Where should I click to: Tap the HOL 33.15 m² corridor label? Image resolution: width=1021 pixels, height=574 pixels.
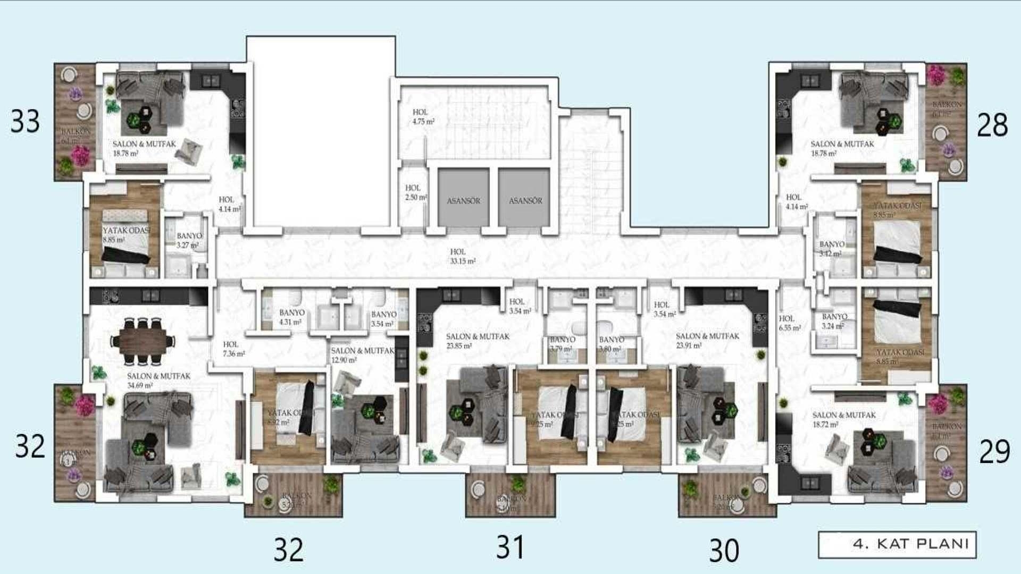click(462, 256)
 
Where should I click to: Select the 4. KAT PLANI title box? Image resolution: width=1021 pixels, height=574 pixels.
click(897, 544)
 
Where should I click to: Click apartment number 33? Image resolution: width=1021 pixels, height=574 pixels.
click(25, 122)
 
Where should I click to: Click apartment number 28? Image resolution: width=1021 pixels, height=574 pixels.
click(992, 125)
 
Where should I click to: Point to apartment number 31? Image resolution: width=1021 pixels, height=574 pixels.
click(510, 547)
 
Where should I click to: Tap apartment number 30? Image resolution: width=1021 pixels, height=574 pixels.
click(724, 551)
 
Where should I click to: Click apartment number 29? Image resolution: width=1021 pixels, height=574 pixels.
click(994, 452)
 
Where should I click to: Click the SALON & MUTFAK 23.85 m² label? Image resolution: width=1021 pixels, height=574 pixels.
click(477, 341)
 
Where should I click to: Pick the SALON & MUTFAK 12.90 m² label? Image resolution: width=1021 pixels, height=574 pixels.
click(362, 355)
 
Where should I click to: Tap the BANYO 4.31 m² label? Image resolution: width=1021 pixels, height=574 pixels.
click(291, 317)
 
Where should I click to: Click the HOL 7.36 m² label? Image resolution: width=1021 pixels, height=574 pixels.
click(233, 349)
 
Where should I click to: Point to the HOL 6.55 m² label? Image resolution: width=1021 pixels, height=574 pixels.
click(789, 323)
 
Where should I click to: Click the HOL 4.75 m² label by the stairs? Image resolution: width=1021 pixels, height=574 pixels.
click(423, 116)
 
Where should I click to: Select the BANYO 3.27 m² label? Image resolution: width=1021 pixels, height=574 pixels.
click(189, 240)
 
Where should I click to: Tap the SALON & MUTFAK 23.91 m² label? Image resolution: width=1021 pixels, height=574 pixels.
click(707, 341)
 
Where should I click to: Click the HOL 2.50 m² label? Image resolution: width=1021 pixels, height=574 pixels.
click(415, 192)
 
